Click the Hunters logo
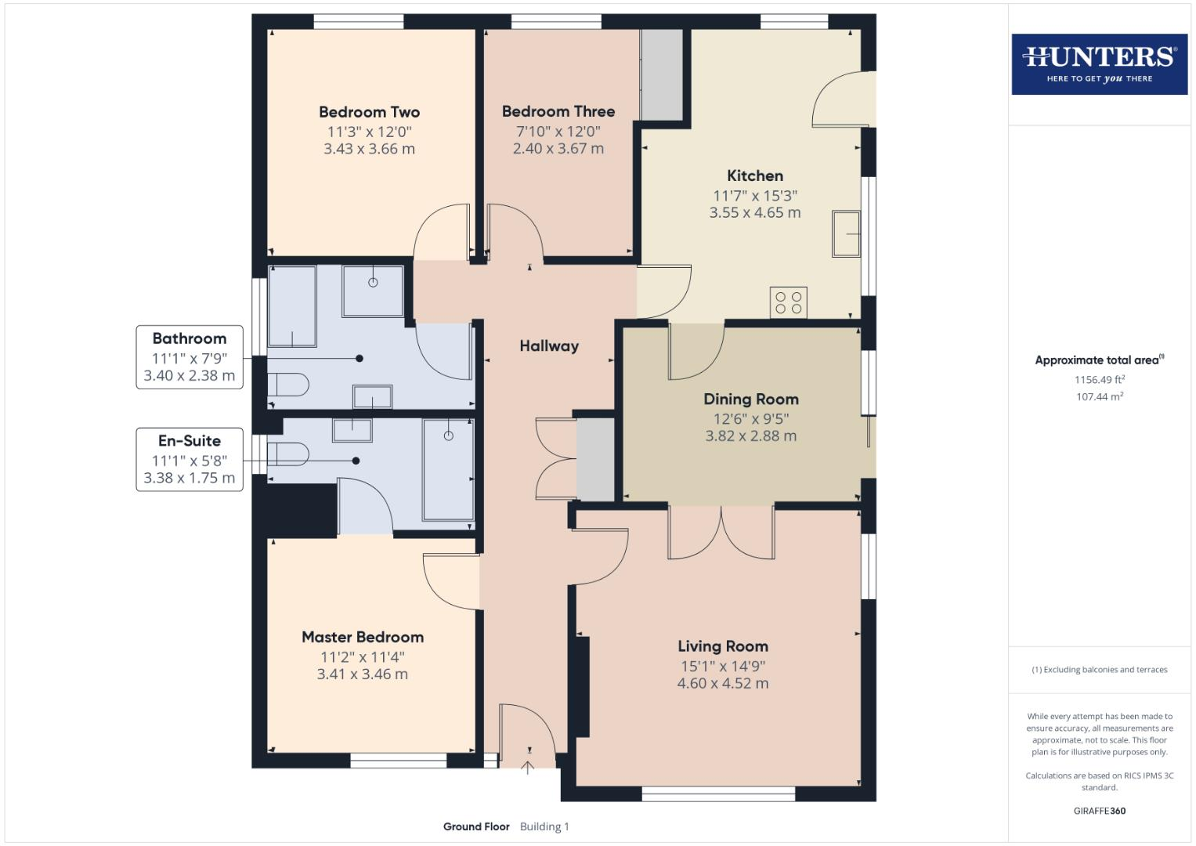(1099, 63)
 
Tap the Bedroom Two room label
(369, 112)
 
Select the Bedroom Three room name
(558, 111)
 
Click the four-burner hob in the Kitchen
(788, 302)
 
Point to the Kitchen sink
(846, 233)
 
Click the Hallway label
(549, 345)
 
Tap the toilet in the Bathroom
(287, 385)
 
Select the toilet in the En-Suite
(287, 454)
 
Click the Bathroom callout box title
(189, 338)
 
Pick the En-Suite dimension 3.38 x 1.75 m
(189, 478)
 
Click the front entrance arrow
(528, 767)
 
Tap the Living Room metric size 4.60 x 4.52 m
(722, 683)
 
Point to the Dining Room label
(750, 399)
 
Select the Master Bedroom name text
(363, 637)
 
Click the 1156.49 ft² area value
(1099, 380)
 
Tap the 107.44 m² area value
(1099, 397)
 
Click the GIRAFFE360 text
(1099, 811)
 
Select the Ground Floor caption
(476, 826)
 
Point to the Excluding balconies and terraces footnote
(1099, 670)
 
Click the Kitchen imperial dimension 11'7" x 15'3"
(754, 196)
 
